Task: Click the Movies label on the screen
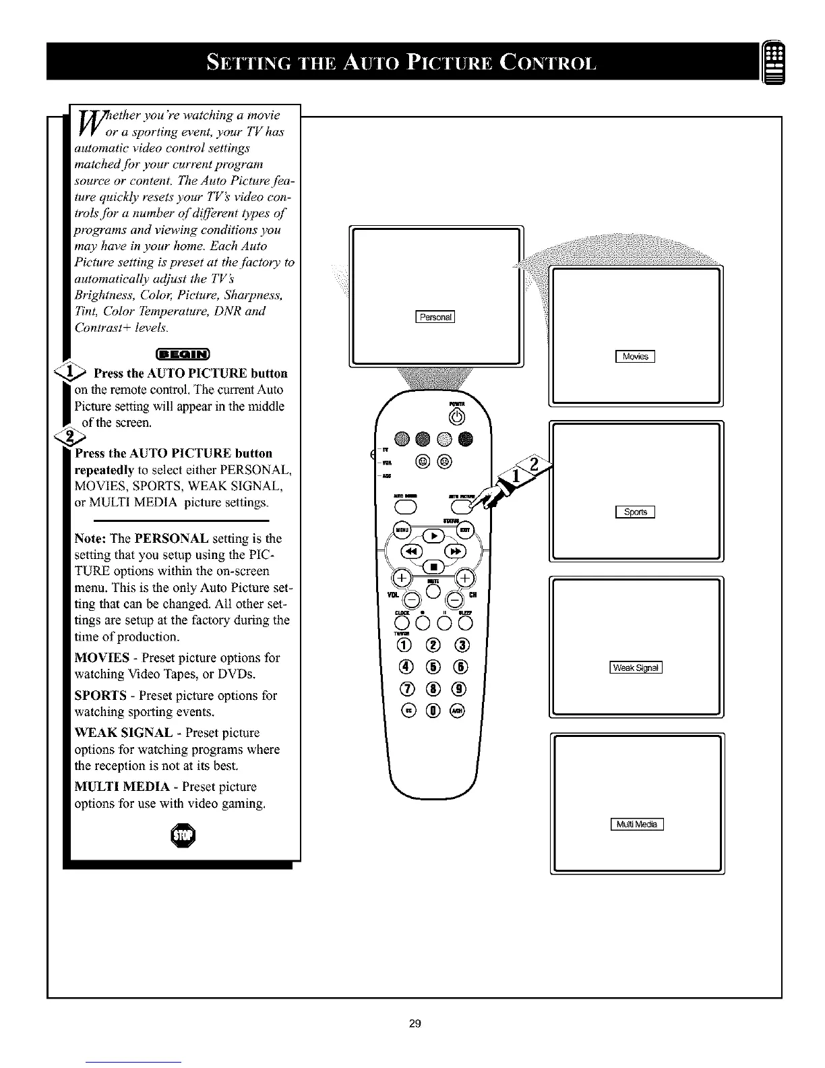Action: (x=635, y=357)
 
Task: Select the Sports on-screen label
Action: (x=635, y=512)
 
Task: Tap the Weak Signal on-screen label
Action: (x=636, y=668)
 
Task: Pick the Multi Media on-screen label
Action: (x=636, y=824)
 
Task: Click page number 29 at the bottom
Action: (x=415, y=1023)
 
